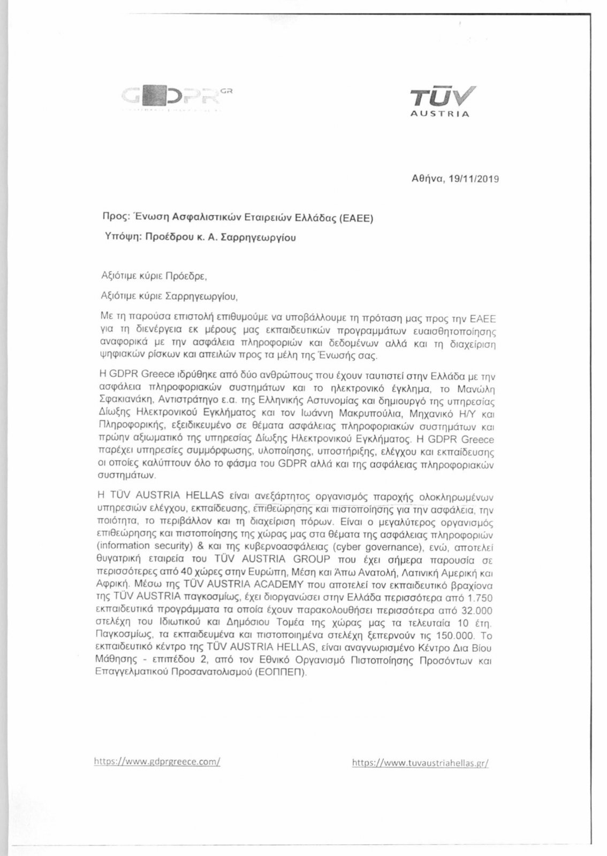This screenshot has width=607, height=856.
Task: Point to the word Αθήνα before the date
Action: (428, 180)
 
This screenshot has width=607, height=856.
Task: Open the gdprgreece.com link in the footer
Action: (157, 761)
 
